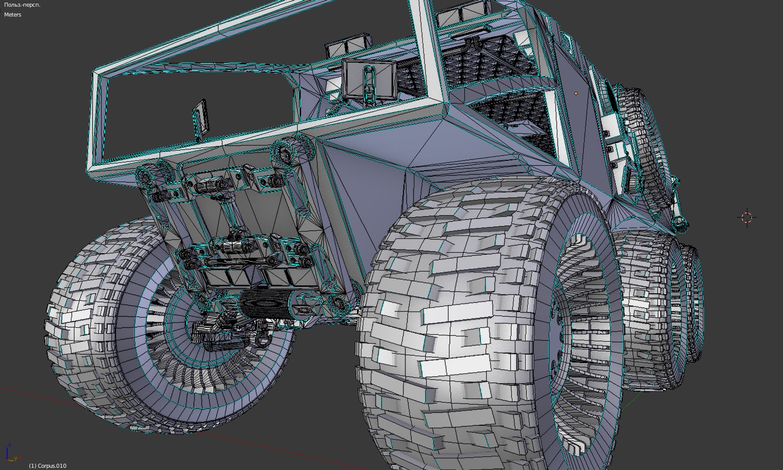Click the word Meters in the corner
[x=13, y=14]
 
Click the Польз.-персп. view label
[x=22, y=5]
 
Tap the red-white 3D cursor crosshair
[x=747, y=217]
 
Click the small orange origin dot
[x=576, y=93]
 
